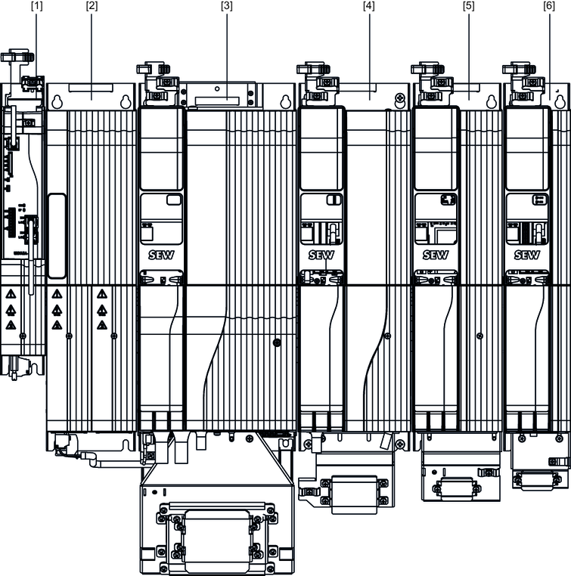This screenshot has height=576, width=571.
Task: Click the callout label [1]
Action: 37,6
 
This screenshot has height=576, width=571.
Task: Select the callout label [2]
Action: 92,6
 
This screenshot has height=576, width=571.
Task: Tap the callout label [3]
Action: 227,6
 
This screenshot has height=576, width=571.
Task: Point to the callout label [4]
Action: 369,6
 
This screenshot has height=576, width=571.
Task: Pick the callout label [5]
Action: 469,6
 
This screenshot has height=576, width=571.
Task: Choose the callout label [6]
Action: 549,6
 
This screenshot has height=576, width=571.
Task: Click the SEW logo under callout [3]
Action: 161,255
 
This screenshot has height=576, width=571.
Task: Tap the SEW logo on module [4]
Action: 321,255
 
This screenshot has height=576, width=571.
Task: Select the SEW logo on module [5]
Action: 436,255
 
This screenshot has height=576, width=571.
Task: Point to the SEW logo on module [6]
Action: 527,255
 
